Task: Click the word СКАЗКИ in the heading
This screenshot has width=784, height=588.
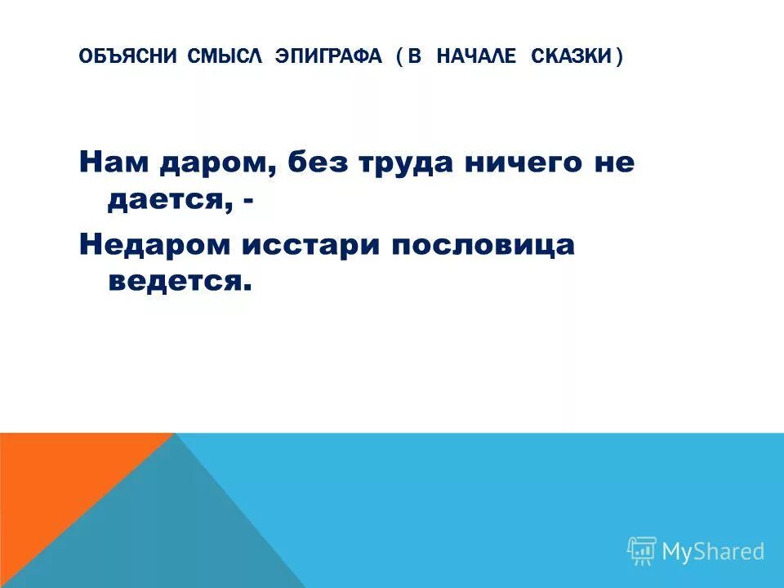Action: [x=571, y=56]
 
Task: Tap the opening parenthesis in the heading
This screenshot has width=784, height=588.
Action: [x=399, y=56]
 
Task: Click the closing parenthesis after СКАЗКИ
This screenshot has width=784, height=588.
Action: [x=619, y=56]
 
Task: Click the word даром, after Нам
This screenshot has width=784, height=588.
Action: [x=215, y=163]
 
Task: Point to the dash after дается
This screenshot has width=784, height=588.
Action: [x=246, y=201]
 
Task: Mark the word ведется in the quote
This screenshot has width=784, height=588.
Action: [x=176, y=281]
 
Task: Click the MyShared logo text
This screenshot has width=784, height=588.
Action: [x=712, y=552]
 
